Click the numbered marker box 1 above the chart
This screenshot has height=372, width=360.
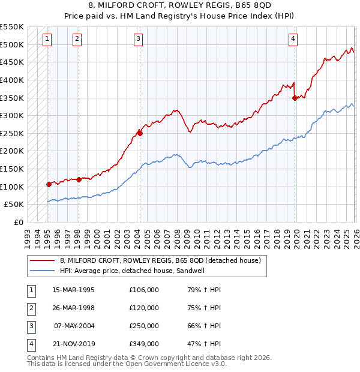point(47,39)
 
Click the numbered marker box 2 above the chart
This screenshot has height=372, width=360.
point(77,39)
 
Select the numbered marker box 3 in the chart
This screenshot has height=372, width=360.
point(138,39)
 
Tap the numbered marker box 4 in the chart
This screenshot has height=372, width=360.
point(293,39)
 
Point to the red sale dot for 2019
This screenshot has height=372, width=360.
point(295,98)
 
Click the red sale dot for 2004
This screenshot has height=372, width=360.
point(140,133)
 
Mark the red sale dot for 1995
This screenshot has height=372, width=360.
point(49,184)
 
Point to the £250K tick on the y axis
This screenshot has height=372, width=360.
point(12,133)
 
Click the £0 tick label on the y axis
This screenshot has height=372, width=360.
point(19,222)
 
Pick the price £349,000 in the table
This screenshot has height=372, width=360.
point(144,344)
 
